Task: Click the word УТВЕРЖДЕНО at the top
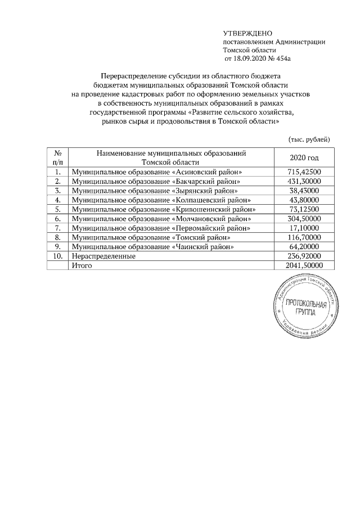click(244, 34)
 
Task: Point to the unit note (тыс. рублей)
click(308, 139)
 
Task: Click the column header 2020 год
click(304, 158)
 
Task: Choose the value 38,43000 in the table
click(304, 191)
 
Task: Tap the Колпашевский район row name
click(159, 200)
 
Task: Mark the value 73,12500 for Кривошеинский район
click(304, 209)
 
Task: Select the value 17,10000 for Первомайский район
click(304, 228)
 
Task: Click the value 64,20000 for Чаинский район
click(304, 246)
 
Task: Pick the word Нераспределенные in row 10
click(102, 256)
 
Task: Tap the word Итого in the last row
click(80, 265)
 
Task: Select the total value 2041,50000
click(304, 265)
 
